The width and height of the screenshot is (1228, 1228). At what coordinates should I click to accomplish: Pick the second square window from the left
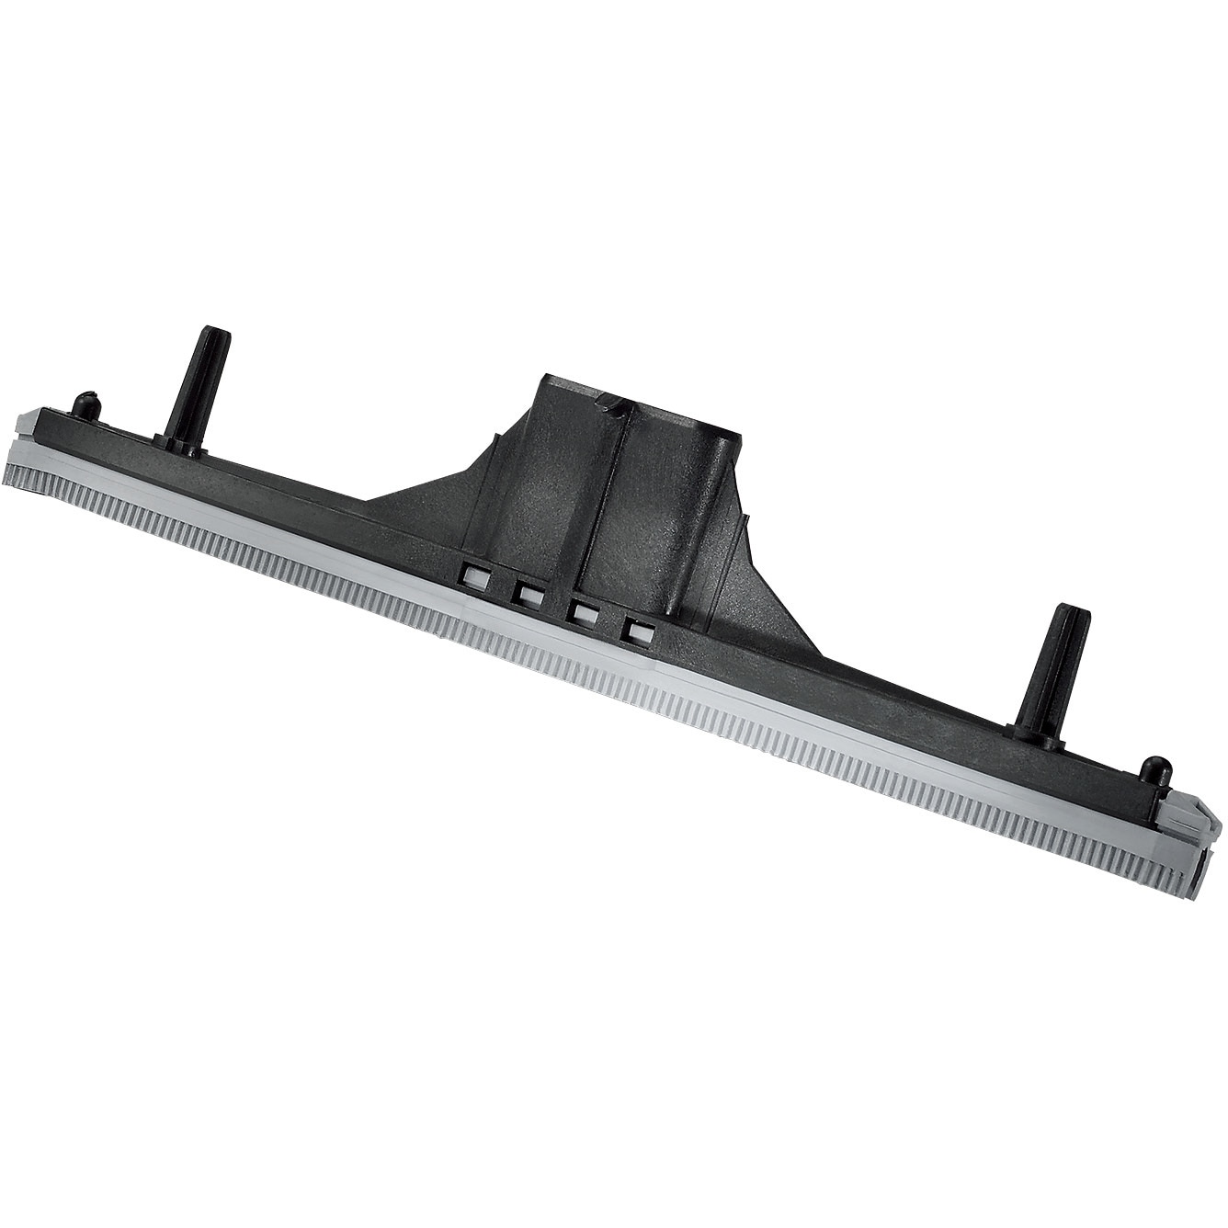coord(528,595)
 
